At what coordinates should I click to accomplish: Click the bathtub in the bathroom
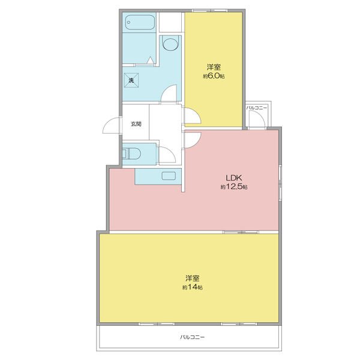140,23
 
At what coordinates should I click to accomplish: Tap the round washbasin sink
170,45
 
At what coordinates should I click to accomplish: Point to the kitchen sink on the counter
170,176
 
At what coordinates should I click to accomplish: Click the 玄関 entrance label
136,124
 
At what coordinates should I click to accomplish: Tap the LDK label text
233,178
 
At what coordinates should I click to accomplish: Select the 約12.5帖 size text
233,187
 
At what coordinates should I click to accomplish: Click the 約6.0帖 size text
214,76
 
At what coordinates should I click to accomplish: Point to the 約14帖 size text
193,287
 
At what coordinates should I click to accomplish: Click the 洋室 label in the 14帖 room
193,278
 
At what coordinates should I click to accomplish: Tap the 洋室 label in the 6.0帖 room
214,67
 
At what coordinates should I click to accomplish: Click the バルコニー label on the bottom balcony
192,338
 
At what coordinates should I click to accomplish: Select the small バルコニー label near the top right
258,107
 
